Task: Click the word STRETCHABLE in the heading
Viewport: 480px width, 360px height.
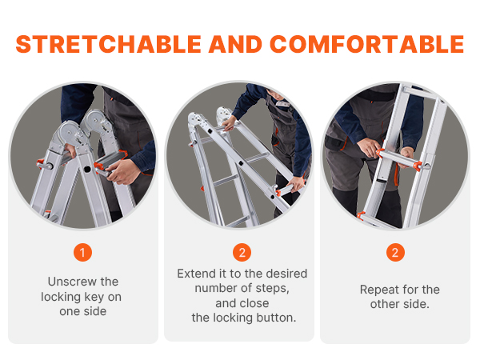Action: pyautogui.click(x=108, y=44)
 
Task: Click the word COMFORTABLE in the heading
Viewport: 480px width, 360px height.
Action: pyautogui.click(x=367, y=44)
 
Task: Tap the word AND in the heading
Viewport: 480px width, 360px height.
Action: pyautogui.click(x=235, y=44)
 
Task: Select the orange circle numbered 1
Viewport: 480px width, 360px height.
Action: pyautogui.click(x=82, y=253)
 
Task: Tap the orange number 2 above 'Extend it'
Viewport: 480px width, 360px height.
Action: pyautogui.click(x=242, y=253)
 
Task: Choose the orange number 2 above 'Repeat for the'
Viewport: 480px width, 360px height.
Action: pyautogui.click(x=395, y=253)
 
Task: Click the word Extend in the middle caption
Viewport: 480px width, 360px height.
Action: pyautogui.click(x=196, y=274)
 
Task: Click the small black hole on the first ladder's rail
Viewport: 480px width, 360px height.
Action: pyautogui.click(x=87, y=169)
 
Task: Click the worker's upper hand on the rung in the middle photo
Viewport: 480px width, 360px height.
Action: pyautogui.click(x=230, y=123)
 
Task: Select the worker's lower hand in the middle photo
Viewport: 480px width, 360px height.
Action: pyautogui.click(x=295, y=184)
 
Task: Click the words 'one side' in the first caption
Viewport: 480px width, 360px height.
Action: pyautogui.click(x=83, y=312)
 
